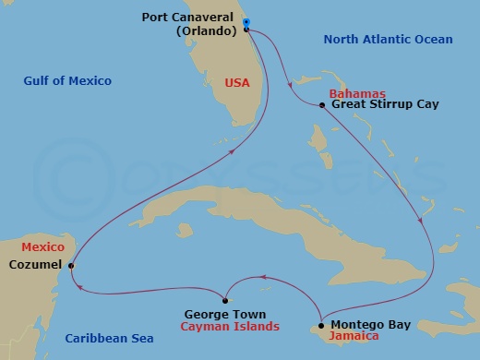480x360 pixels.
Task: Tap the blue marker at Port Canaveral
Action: point(247,22)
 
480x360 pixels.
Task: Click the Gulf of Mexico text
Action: point(67,81)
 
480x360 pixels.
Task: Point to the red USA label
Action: point(237,83)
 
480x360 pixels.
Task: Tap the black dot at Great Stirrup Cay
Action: point(321,105)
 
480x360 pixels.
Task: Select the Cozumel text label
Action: point(36,265)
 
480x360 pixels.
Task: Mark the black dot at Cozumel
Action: point(71,266)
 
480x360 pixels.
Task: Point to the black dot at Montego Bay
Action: point(320,326)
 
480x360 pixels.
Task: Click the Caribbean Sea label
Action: point(109,339)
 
